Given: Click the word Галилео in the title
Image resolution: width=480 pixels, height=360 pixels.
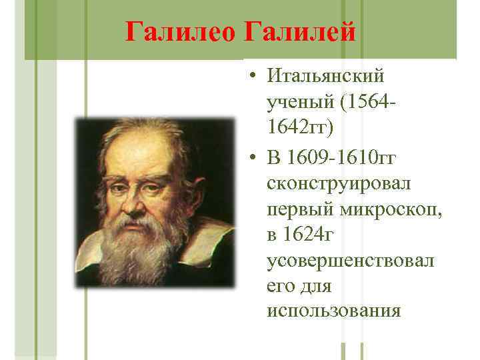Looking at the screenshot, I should tap(180, 31).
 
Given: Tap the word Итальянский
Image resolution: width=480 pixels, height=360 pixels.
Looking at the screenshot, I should tap(327, 77).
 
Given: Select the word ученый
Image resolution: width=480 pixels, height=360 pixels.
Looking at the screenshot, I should tap(297, 103).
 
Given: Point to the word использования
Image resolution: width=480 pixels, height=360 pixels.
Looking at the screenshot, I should tap(333, 311).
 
